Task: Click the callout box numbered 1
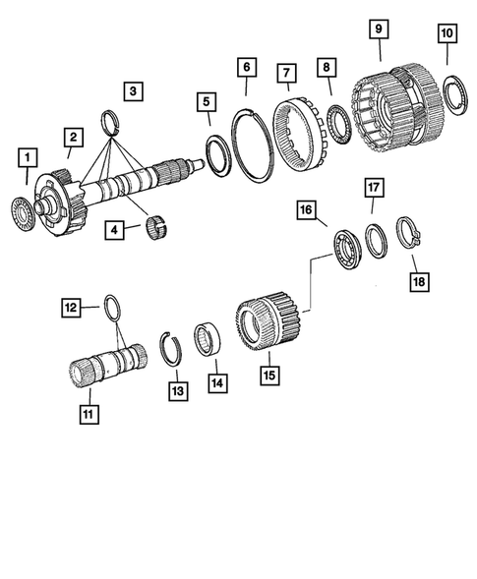click(27, 156)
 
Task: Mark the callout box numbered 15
click(268, 375)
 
